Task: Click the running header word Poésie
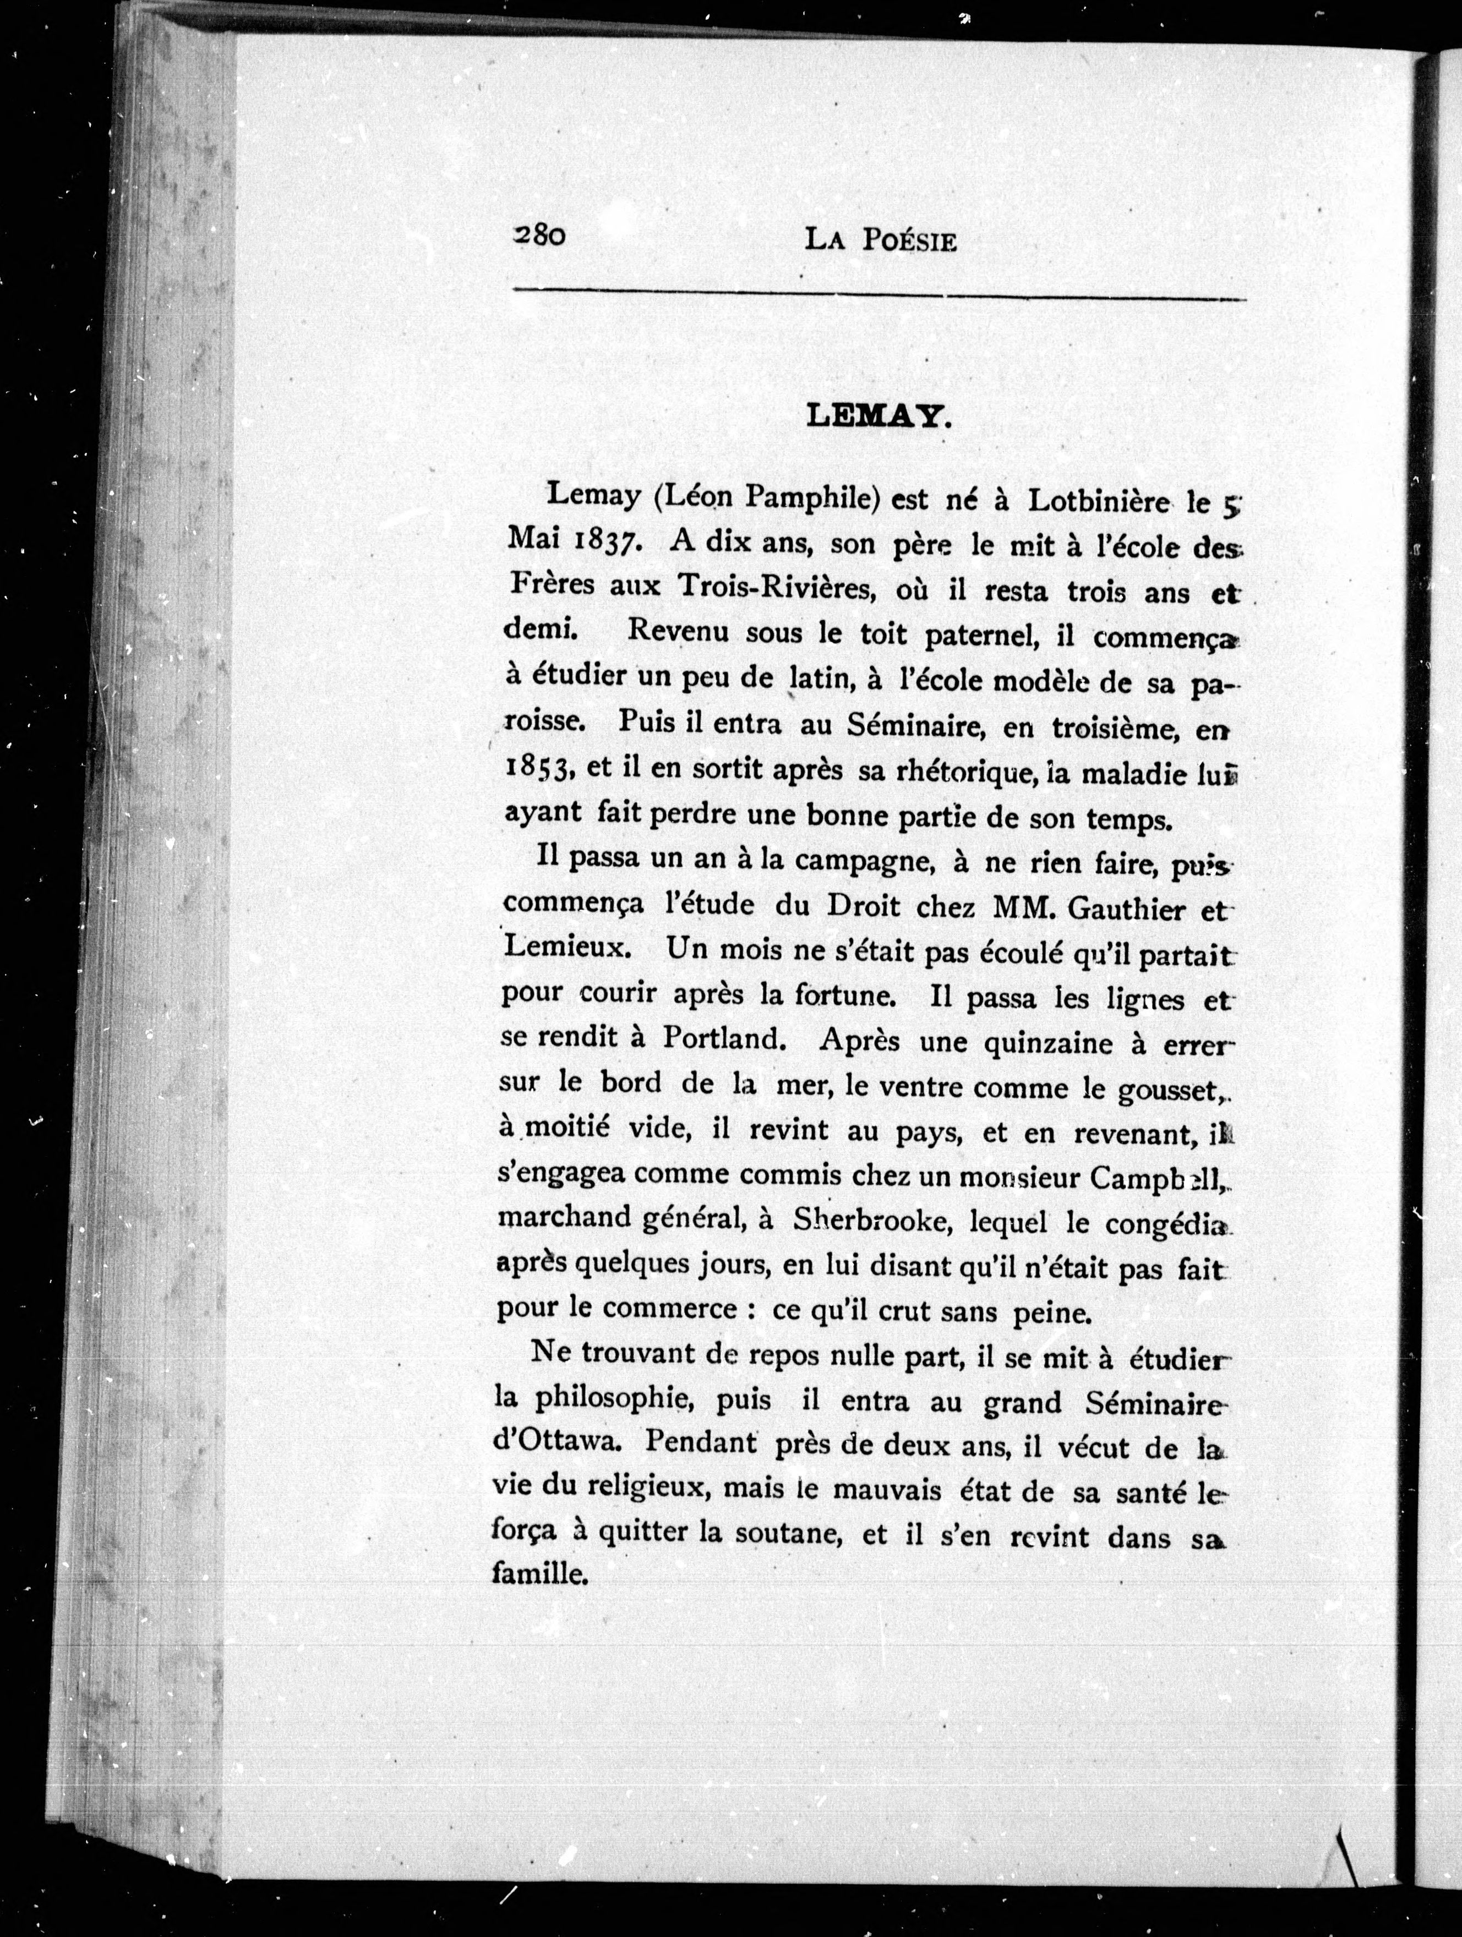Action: (908, 242)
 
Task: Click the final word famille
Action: (538, 1576)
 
